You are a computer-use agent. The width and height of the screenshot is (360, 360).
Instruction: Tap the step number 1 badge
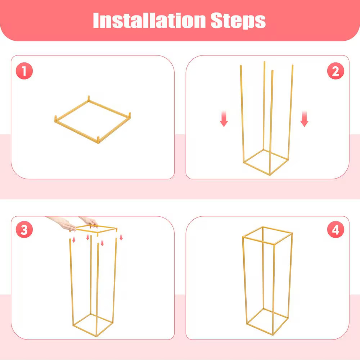coord(24,71)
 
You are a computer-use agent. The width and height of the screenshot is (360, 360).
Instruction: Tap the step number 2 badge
coord(336,71)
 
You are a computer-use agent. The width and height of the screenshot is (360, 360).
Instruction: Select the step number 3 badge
coord(24,230)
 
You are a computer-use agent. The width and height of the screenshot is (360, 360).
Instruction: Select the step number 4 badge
coord(336,230)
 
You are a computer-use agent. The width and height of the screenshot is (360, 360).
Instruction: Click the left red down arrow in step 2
coord(224,119)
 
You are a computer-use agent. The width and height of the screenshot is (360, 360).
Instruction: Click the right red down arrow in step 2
coord(305,119)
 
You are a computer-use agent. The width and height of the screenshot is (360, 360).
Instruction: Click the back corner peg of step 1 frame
coord(89,98)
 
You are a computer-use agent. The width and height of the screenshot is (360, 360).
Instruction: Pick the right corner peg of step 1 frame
coord(130,115)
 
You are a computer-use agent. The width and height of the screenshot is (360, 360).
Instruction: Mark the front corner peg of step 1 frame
coord(98,140)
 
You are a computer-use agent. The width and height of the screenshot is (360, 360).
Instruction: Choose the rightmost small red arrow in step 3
coord(121,237)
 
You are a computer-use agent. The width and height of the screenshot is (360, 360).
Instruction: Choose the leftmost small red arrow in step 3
coord(73,240)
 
